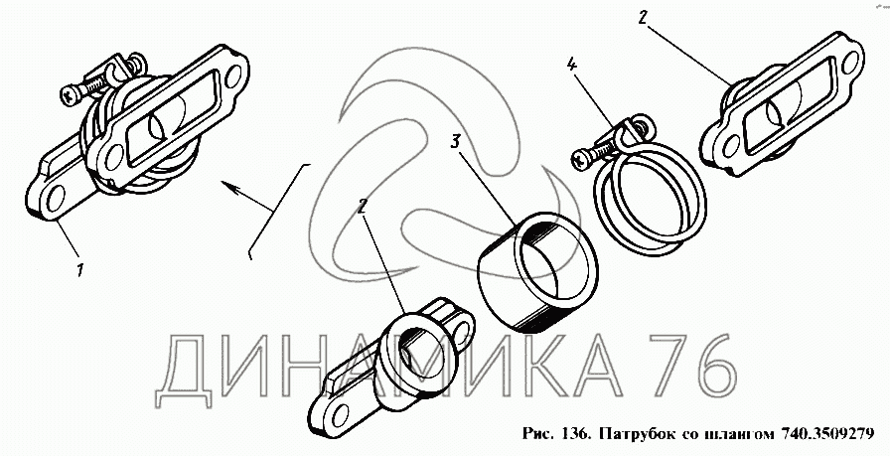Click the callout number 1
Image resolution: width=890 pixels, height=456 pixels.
79,270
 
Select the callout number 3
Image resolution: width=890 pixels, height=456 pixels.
456,141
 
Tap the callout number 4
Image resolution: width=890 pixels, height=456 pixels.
571,65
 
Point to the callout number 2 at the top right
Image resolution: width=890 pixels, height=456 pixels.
642,18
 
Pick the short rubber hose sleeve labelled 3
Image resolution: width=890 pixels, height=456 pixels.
538,271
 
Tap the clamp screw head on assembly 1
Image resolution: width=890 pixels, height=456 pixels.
71,94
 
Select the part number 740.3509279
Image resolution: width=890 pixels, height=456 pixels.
827,434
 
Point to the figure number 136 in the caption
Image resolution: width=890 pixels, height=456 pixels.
578,434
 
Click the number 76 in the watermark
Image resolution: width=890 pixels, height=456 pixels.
694,367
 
